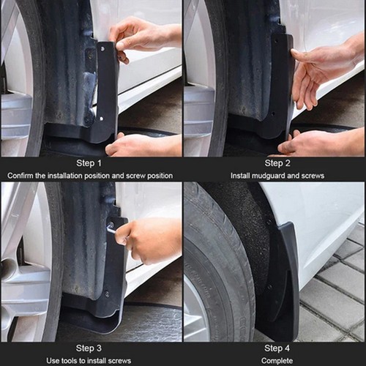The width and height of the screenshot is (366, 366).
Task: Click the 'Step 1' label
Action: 89,163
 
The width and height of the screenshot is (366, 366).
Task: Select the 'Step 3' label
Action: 89,348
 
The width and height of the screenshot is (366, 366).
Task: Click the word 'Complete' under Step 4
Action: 277,360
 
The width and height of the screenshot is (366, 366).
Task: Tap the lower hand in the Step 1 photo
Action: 143,145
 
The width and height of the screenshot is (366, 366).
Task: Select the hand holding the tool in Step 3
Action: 150,238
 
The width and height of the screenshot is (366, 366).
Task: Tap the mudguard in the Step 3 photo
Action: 110,278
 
